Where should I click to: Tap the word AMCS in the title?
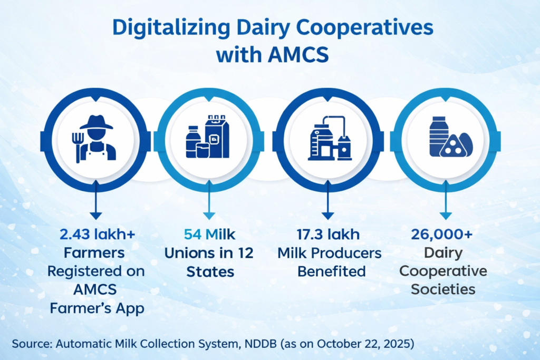[298, 55]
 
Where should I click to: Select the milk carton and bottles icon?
[208, 137]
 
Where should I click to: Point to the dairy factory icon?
[330, 138]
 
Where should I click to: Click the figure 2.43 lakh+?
[97, 235]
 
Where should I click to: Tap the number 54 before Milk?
[192, 235]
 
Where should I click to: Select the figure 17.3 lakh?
[328, 235]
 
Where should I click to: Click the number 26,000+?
[442, 235]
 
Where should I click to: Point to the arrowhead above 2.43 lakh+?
[96, 216]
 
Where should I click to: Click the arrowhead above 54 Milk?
[209, 216]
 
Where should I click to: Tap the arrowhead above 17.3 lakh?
[328, 216]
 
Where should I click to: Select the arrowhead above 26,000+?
[446, 216]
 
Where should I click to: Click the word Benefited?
[331, 271]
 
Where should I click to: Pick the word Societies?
[443, 289]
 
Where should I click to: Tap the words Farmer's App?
[97, 308]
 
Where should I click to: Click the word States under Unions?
[210, 272]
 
